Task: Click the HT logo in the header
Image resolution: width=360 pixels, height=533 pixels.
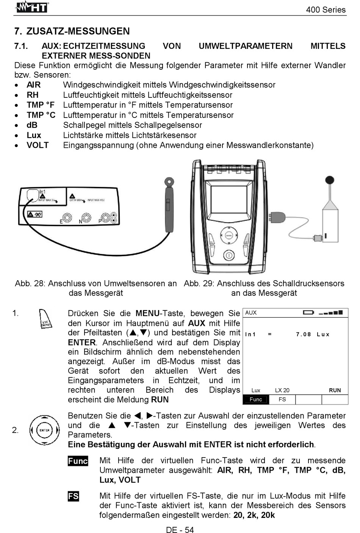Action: (x=32, y=7)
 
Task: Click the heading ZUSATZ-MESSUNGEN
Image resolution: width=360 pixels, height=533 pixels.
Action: (x=78, y=31)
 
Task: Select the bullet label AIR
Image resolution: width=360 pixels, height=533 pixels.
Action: (x=33, y=85)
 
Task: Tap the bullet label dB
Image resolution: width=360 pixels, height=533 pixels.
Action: (x=32, y=125)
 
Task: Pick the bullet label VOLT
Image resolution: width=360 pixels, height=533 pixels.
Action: (x=38, y=145)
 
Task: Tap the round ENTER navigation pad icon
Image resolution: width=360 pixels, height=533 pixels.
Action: (x=45, y=430)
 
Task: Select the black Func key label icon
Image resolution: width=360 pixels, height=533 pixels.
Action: (x=78, y=461)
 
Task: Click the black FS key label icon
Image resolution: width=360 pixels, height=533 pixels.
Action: (x=73, y=496)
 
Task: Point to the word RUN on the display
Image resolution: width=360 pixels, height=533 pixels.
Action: (x=335, y=390)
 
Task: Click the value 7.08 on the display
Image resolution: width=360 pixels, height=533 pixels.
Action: (x=303, y=334)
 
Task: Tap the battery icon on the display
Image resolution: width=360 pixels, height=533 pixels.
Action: (x=308, y=313)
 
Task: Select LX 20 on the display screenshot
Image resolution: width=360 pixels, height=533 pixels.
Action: (x=282, y=390)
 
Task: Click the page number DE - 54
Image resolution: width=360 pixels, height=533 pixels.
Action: (x=180, y=530)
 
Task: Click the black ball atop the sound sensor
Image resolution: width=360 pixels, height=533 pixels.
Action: (x=330, y=180)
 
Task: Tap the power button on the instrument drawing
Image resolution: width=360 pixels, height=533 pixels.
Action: (x=229, y=256)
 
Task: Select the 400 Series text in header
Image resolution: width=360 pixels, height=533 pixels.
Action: (x=326, y=10)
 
